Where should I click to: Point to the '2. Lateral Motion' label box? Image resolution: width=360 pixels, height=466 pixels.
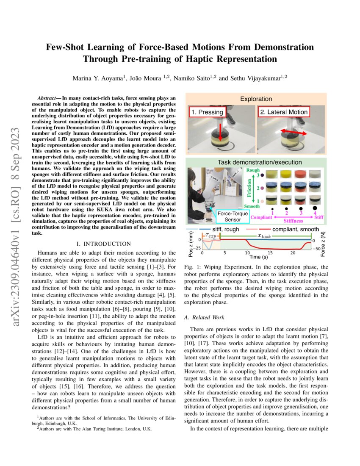pyautogui.click(x=284, y=112)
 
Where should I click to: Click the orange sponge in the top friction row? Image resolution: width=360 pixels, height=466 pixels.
pyautogui.click(x=301, y=173)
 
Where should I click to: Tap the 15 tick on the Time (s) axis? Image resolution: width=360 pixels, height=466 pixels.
pyautogui.click(x=269, y=253)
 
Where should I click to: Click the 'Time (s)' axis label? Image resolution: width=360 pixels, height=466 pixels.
pyautogui.click(x=258, y=257)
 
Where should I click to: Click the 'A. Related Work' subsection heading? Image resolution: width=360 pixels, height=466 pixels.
pyautogui.click(x=205, y=317)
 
